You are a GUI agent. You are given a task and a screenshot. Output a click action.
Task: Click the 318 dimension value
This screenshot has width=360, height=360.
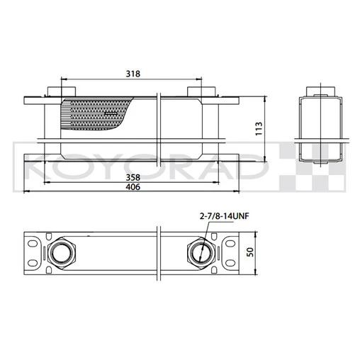point(131,72)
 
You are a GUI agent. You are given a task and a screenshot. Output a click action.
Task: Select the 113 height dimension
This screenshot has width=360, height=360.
point(259,128)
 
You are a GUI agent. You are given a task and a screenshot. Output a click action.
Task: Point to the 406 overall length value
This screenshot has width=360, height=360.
point(132,188)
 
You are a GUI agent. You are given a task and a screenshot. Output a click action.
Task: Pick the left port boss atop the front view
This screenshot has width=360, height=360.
point(55,91)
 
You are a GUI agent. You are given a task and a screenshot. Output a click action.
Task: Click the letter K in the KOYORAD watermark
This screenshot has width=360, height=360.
point(37,169)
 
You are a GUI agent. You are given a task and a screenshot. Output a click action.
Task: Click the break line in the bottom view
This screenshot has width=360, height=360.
point(160,253)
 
